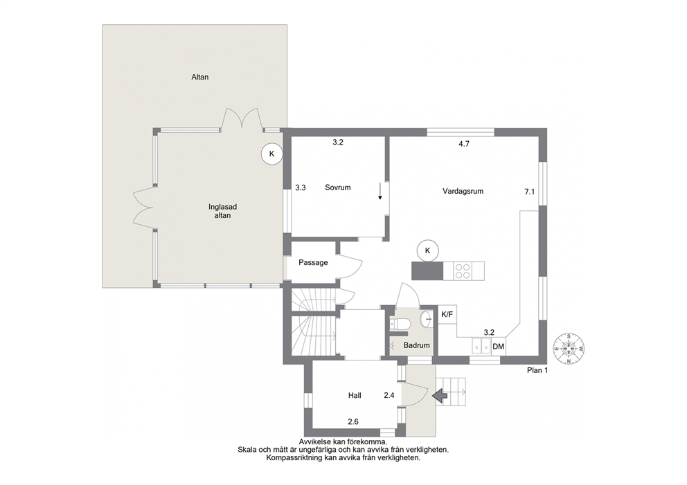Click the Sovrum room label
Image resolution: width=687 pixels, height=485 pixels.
point(338,187)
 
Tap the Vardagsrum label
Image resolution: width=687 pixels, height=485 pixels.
point(463,191)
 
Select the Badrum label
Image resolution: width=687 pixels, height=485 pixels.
point(417,345)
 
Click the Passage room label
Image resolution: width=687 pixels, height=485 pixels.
point(313,263)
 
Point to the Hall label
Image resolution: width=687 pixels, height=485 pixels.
point(355,395)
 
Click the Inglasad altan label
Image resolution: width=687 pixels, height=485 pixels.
point(222,211)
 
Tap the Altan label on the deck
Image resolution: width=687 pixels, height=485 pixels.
point(199,77)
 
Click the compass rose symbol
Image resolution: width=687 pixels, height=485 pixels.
point(569,349)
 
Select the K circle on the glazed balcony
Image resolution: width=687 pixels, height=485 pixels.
point(271,154)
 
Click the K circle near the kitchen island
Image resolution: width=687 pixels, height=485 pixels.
point(428,251)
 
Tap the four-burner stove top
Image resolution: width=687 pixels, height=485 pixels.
point(463,271)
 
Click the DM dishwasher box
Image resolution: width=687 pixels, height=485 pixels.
point(498,346)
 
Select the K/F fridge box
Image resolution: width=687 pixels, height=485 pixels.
point(447,314)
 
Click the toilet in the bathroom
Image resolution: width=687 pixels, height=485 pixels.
point(400,324)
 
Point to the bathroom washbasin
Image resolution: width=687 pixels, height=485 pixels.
point(426,320)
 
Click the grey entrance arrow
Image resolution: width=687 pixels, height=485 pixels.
point(440,396)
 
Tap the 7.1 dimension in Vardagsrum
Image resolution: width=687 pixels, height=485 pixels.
point(529,191)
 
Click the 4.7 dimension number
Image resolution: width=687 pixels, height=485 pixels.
point(464,144)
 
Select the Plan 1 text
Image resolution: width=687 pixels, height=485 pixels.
point(537,370)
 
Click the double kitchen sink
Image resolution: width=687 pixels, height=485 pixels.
point(481,346)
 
